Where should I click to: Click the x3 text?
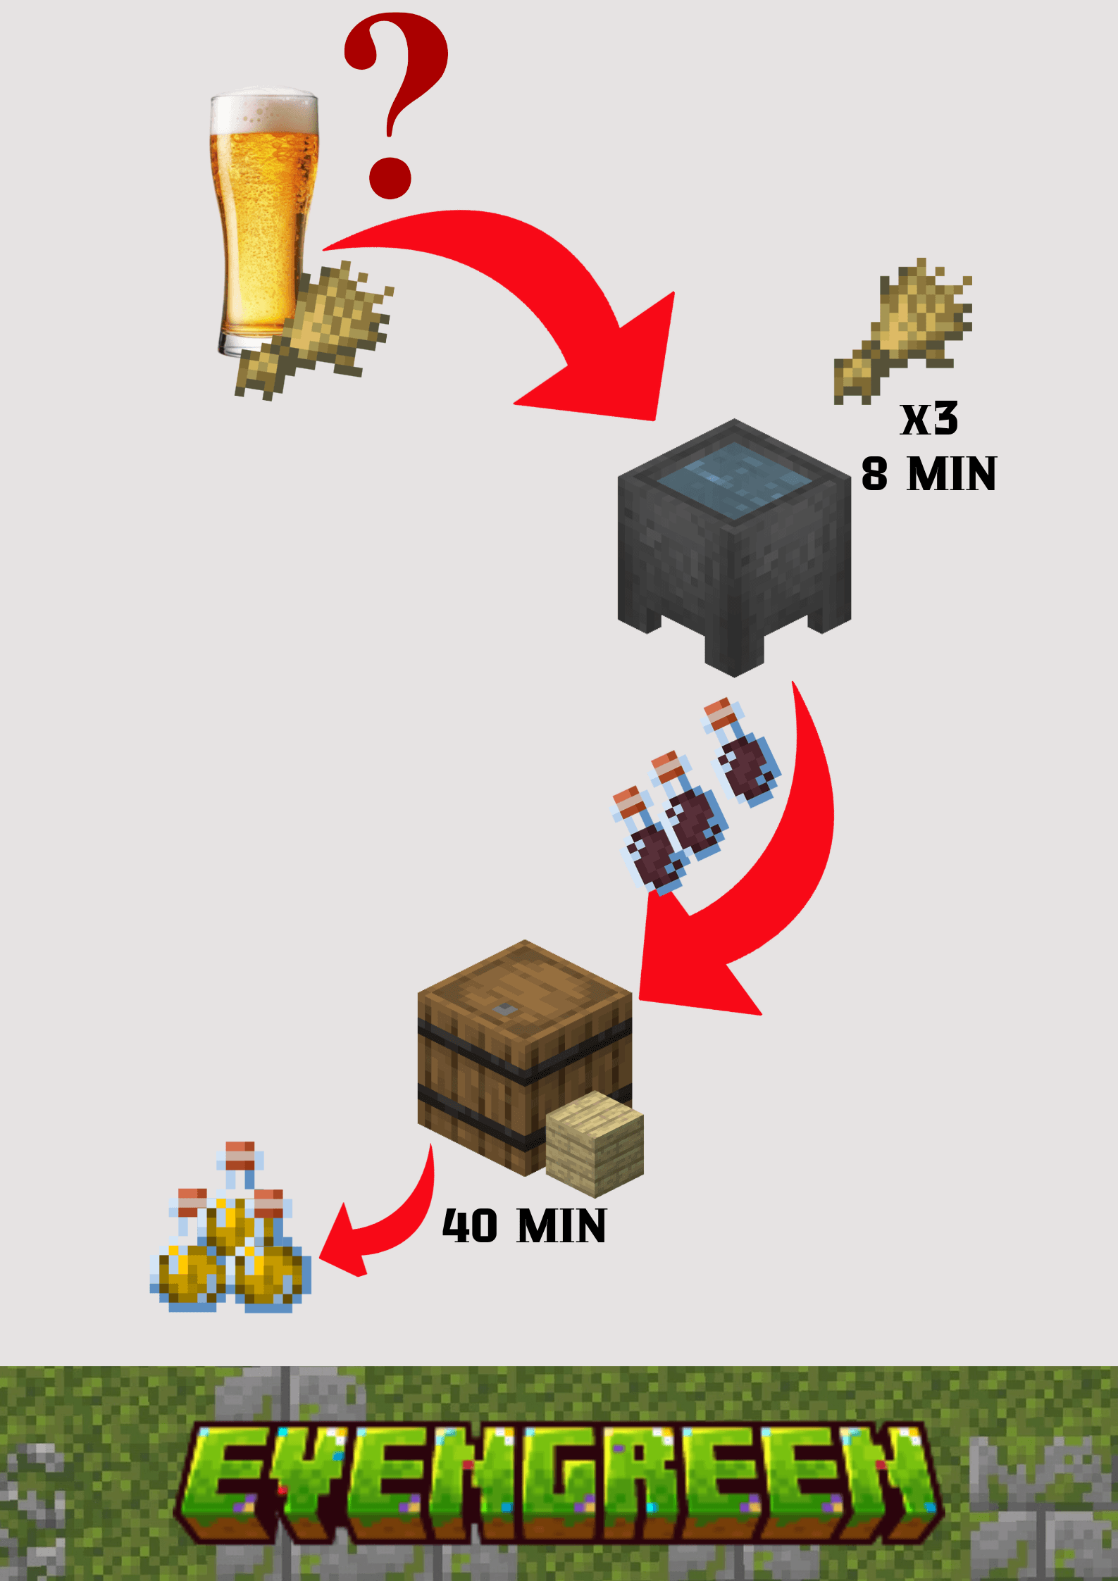pyautogui.click(x=929, y=419)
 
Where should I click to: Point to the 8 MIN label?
pyautogui.click(x=928, y=474)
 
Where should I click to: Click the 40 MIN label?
pyautogui.click(x=524, y=1226)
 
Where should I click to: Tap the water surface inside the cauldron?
pyautogui.click(x=734, y=479)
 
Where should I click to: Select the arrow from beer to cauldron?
pyautogui.click(x=535, y=296)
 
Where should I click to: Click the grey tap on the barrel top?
pyautogui.click(x=504, y=1009)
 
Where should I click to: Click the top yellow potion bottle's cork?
pyautogui.click(x=240, y=1156)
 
